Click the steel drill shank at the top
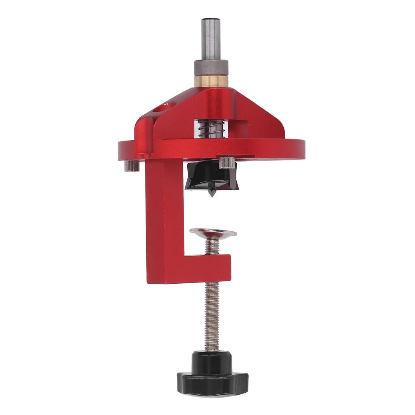tap(211, 41)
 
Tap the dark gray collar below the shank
tap(211, 68)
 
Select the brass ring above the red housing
tap(211, 81)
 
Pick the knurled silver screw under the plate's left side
tap(132, 166)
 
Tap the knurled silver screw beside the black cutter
tap(227, 163)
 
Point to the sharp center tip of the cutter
tap(212, 194)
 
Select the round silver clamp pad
tap(213, 233)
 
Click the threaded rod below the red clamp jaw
tap(212, 316)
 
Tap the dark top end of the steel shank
tap(211, 20)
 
